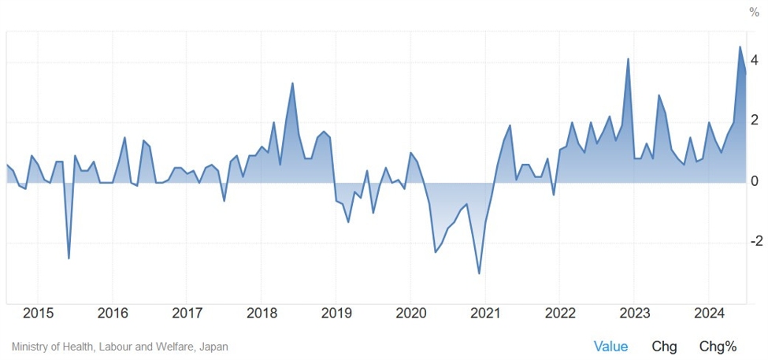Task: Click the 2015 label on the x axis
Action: (38, 313)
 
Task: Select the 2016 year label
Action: (113, 313)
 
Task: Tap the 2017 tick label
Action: (187, 313)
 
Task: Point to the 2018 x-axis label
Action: (262, 313)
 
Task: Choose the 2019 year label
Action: (336, 313)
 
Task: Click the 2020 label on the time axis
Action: (410, 313)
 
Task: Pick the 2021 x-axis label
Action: (484, 313)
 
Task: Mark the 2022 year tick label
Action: (559, 313)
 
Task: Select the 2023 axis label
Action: (633, 313)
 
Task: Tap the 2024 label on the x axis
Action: (708, 313)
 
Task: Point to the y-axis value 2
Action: (754, 121)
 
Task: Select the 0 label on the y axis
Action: (754, 182)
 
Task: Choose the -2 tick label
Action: (751, 242)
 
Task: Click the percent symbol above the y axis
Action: (754, 13)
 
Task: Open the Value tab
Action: (610, 347)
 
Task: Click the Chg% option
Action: (718, 347)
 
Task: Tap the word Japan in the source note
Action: (213, 347)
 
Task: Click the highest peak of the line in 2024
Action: (740, 46)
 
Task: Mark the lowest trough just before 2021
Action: (479, 273)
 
